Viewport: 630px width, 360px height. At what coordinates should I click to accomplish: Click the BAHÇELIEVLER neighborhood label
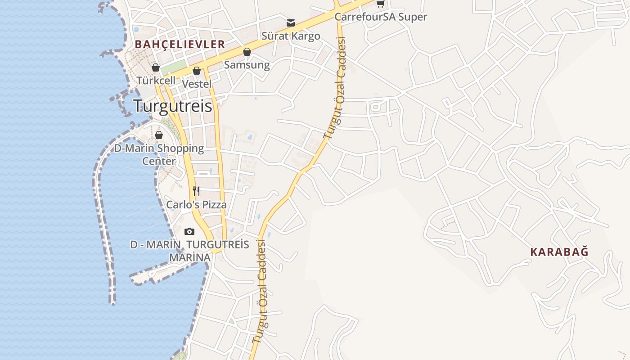coord(180,44)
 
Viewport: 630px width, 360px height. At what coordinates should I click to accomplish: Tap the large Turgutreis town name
coord(172,106)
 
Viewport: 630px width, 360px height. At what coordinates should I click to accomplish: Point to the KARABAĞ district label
coord(559,252)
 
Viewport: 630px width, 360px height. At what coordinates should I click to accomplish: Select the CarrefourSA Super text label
coord(381,17)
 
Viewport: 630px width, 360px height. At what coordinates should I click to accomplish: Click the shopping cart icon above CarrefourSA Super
coord(380,4)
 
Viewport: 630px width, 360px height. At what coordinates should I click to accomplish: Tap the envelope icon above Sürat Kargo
coord(291,23)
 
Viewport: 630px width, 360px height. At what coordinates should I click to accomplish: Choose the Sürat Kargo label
coord(291,36)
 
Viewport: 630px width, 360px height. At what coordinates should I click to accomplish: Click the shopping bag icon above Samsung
coord(247,52)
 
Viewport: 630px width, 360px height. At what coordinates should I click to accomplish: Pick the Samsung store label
coord(247,65)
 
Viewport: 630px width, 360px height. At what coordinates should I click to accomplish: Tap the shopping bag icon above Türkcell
coord(156,67)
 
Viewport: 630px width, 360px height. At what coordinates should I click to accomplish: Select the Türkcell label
coord(156,81)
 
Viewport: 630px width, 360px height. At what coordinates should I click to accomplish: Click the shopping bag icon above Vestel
coord(197,71)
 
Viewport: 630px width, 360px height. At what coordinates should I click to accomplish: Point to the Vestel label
coord(197,84)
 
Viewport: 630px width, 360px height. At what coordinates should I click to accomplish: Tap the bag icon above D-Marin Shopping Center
coord(159,135)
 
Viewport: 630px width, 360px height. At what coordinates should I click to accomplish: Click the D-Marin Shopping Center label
coord(159,154)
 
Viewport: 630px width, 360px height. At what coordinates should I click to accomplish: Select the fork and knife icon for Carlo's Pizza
coord(196,191)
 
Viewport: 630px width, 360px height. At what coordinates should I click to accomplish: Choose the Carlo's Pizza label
coord(197,205)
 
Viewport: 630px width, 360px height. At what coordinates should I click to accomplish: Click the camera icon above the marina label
coord(189,231)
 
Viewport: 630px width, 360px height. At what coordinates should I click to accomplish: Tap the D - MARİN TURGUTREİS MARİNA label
coord(189,251)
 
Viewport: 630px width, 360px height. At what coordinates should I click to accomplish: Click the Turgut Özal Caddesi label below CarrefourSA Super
coord(334,88)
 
